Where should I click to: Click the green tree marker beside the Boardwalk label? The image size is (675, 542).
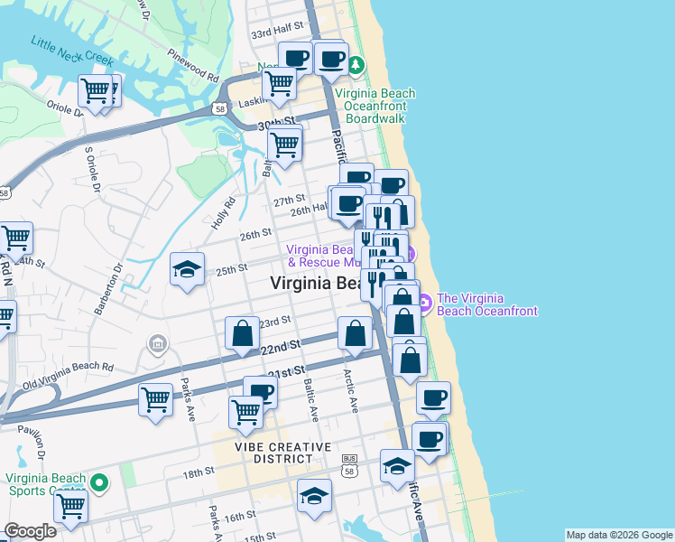tap(356, 65)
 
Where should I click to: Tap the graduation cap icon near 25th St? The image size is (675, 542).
tap(187, 269)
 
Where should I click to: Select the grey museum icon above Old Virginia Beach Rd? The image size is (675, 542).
tap(158, 343)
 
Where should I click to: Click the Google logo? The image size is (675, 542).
tap(30, 531)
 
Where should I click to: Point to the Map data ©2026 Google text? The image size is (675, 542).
tap(618, 535)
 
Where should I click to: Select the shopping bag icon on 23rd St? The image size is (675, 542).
tap(243, 333)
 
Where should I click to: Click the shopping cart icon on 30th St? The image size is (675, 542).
tap(285, 145)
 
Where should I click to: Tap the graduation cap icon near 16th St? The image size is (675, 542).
tap(315, 495)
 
